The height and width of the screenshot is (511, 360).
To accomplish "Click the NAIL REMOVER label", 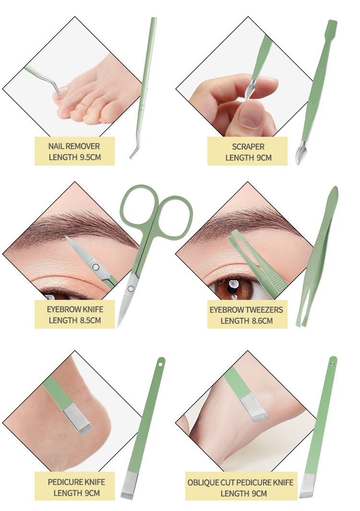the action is [x=74, y=146].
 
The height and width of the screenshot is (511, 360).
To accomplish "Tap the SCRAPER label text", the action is [x=248, y=147].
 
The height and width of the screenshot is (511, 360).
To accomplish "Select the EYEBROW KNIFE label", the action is [x=75, y=309].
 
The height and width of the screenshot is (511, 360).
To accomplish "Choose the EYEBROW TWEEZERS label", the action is [x=246, y=309].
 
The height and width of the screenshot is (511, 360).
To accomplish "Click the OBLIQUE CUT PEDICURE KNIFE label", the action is [x=240, y=482].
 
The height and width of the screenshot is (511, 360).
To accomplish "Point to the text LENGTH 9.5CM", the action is [x=75, y=157].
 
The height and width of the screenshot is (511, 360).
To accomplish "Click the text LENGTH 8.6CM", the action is [x=247, y=321].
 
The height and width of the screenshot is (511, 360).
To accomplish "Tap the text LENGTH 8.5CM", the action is [x=75, y=321].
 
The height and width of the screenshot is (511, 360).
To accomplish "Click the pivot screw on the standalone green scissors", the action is [x=131, y=288].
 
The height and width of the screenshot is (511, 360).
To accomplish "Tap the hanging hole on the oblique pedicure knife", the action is [x=332, y=363].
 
